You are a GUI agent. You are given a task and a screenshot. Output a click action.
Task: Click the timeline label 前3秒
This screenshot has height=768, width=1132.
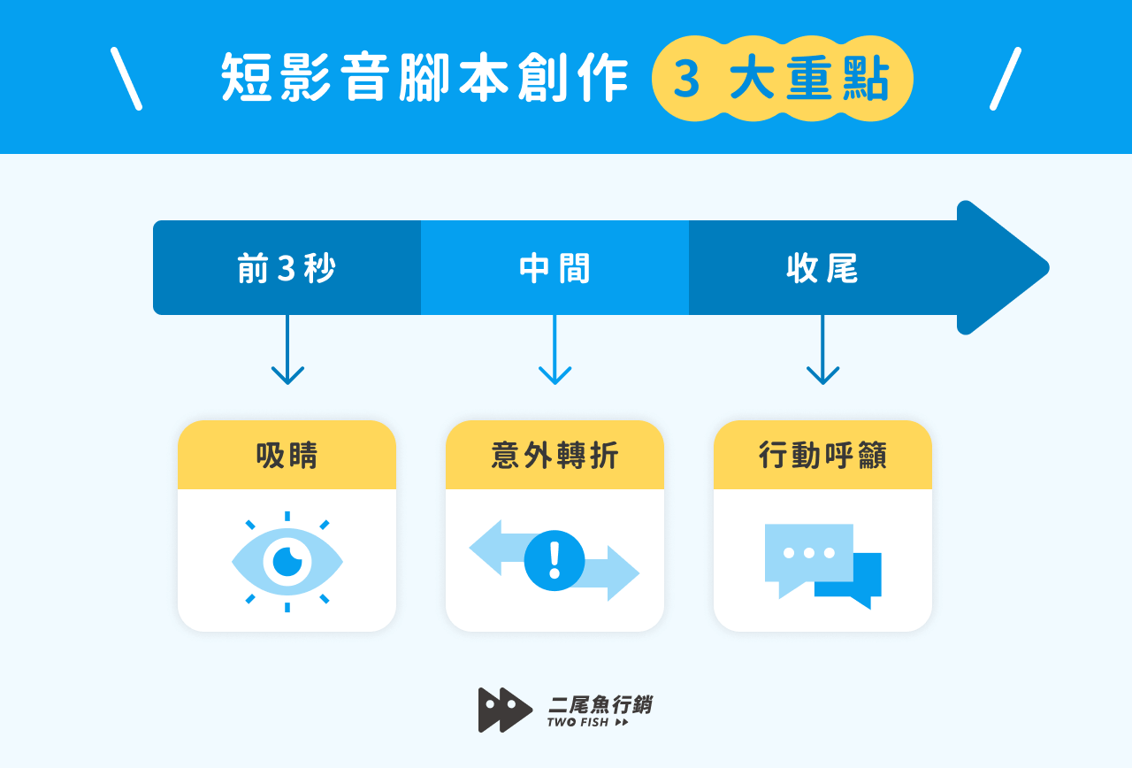point(287,269)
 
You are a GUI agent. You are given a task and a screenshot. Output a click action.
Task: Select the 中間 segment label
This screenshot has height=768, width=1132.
point(555,269)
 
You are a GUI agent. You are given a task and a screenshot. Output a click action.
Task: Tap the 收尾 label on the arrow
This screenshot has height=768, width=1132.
point(822,269)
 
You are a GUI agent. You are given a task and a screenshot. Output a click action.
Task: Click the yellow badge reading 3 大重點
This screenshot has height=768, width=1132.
point(782,79)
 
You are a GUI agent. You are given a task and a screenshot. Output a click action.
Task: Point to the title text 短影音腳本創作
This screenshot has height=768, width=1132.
point(425,79)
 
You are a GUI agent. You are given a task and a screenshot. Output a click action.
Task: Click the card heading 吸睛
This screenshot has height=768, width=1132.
point(287,456)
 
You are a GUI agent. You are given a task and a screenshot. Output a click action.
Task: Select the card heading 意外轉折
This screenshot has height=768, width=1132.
point(555,456)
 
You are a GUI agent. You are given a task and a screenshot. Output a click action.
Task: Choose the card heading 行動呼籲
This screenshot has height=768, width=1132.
point(822,456)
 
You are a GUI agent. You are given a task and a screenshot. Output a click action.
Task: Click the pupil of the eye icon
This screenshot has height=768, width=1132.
point(287,561)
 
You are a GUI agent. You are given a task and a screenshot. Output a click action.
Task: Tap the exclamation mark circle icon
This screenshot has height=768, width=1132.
point(555,560)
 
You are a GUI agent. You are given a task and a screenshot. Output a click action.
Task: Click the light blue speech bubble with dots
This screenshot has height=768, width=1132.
point(807,554)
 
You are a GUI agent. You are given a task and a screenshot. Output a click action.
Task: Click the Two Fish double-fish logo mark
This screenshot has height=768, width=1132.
point(504,710)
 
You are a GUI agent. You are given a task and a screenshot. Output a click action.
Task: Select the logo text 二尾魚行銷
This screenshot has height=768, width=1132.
point(600,704)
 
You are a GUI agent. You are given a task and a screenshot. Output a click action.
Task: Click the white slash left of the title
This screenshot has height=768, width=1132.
point(126,79)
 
